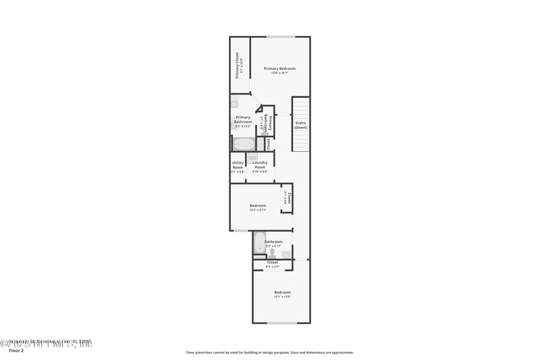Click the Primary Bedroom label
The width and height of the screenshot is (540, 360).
(279, 68)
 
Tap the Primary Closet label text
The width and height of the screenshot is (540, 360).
(238, 66)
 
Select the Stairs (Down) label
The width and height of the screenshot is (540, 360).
(300, 124)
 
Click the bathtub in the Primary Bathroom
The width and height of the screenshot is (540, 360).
(244, 144)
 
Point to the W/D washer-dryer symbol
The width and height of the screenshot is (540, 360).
(252, 157)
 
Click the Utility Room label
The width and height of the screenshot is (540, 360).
(238, 164)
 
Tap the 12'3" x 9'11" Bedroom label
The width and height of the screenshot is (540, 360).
(258, 205)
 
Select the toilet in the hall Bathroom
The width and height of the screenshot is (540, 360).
(272, 251)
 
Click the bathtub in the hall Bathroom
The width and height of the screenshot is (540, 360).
(260, 243)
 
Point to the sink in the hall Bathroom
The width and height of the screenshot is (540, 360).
(286, 255)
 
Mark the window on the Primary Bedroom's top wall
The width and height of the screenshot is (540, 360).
(280, 36)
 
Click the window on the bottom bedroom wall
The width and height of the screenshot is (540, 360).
(281, 323)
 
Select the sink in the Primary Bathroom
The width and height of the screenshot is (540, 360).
(234, 104)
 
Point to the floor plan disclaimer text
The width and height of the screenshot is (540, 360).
(269, 352)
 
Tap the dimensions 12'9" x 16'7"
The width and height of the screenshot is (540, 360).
(279, 73)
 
